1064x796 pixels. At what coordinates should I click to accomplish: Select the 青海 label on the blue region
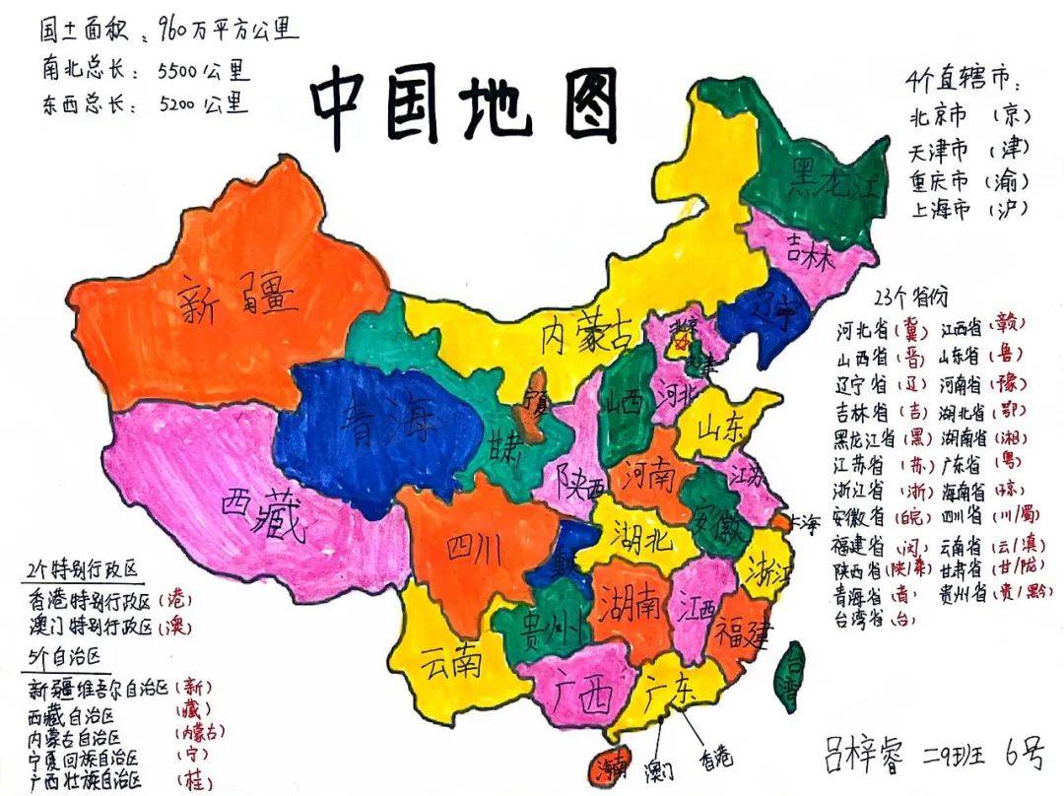pyautogui.click(x=386, y=424)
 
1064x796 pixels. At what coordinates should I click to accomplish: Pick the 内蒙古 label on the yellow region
pyautogui.click(x=586, y=337)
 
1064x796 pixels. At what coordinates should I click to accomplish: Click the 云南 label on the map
pyautogui.click(x=450, y=661)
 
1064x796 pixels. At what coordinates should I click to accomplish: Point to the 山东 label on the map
pyautogui.click(x=723, y=428)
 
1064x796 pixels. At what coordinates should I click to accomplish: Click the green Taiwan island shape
pyautogui.click(x=790, y=677)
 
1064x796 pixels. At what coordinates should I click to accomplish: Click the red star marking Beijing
pyautogui.click(x=679, y=345)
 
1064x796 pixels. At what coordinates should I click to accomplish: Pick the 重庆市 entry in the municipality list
pyautogui.click(x=941, y=181)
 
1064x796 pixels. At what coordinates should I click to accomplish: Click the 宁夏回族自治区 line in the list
pyautogui.click(x=89, y=760)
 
